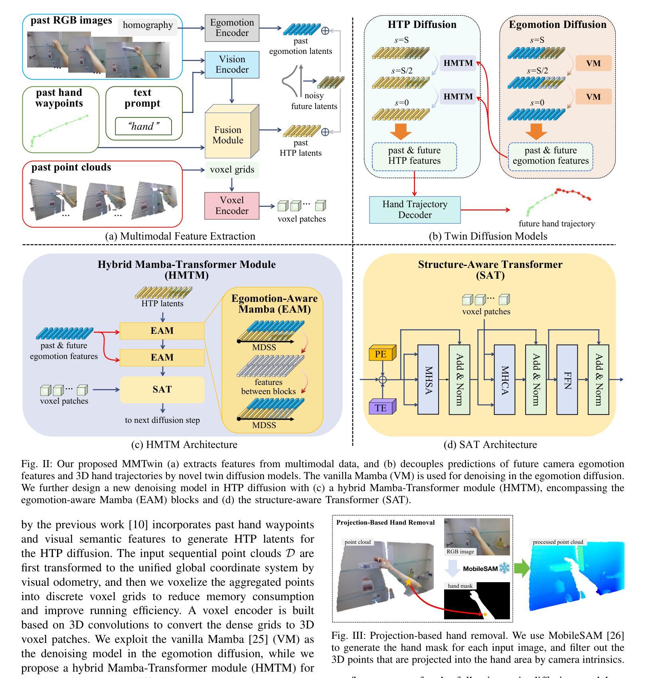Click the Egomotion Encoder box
tap(232, 28)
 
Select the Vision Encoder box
tap(232, 65)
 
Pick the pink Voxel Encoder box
tap(231, 206)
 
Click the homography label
tap(148, 26)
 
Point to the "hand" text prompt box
tap(143, 127)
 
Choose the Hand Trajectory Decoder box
tap(415, 210)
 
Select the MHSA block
tap(428, 379)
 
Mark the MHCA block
tap(504, 379)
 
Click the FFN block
tap(567, 379)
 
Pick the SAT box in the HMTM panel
tap(162, 390)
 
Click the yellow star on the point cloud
tap(408, 582)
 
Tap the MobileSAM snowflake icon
tap(504, 568)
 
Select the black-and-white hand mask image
tap(477, 601)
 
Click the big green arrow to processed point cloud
tap(520, 568)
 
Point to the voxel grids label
tap(232, 170)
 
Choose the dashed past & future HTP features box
tap(414, 156)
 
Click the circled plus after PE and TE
tap(382, 379)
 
